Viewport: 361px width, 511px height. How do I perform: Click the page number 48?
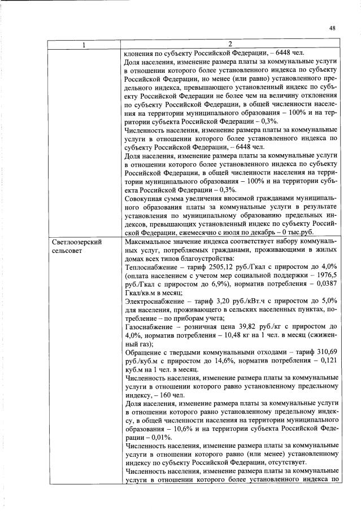pos(332,28)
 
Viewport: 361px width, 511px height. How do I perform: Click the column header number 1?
pos(84,45)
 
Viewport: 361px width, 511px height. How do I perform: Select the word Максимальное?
pos(151,242)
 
